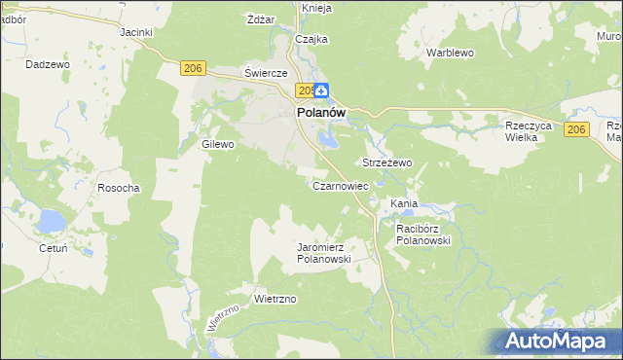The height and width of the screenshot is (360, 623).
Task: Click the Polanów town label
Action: coord(319,113)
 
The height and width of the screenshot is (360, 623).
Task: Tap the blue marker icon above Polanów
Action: coord(320,90)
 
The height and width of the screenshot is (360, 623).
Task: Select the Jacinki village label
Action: coord(137,32)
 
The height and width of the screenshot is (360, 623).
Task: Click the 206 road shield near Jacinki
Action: coord(193,67)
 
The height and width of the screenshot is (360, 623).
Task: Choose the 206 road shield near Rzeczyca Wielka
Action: coord(577,130)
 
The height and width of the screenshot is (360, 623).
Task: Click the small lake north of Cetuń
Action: coord(49,224)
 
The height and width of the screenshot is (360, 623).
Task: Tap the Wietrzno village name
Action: coord(275,299)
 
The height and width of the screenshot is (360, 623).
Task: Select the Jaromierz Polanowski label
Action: coord(323,253)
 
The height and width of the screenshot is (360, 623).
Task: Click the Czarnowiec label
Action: coord(340,185)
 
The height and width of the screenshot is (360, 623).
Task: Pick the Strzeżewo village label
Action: coord(387,162)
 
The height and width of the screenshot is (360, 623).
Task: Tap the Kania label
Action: coord(404,203)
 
